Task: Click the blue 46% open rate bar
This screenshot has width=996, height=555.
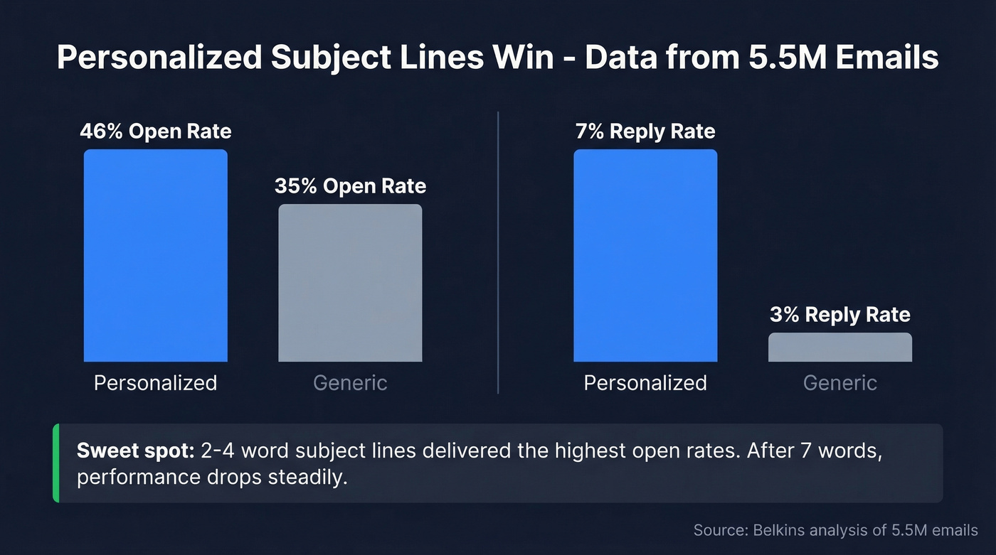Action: [156, 256]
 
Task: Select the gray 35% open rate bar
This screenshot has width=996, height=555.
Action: [350, 283]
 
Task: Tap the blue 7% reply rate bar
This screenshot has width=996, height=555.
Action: [645, 256]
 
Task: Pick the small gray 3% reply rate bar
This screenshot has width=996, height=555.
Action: [839, 347]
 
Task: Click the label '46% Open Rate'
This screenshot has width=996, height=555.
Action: [156, 131]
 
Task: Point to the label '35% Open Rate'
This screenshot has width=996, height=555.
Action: [350, 186]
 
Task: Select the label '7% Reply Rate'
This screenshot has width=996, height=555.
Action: [645, 131]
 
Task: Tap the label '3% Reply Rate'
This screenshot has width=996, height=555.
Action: [839, 315]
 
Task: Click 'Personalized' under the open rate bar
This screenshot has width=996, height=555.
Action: [156, 383]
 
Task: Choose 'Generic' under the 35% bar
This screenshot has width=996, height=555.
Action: [350, 383]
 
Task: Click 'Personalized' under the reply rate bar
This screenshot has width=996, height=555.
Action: [645, 383]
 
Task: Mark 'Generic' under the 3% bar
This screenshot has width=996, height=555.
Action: [839, 383]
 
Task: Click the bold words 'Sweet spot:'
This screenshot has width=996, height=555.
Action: [134, 451]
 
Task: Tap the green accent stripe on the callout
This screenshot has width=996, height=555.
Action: [56, 463]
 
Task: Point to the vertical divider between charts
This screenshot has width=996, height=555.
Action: [498, 252]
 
